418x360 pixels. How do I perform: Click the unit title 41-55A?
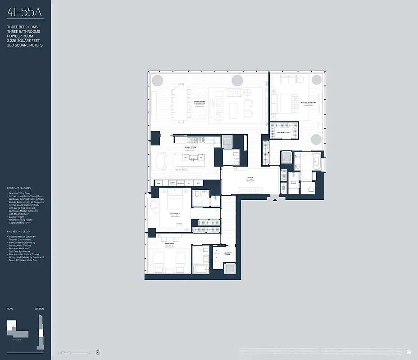pos(24,13)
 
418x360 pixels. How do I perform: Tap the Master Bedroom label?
pos(309,103)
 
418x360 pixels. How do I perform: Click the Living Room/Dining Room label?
pos(200,102)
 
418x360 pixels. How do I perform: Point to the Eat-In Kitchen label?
pos(190,147)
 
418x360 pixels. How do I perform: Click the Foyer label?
pos(250,178)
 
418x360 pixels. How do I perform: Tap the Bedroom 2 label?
pos(175,213)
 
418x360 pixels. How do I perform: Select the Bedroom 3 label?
pos(169,243)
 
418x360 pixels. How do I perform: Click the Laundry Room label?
pos(228,254)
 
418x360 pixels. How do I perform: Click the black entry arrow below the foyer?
pos(274,198)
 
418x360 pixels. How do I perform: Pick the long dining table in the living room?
pos(181,103)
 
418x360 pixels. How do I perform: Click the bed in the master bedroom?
pos(285,103)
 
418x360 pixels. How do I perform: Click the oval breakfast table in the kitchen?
pos(161,161)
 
